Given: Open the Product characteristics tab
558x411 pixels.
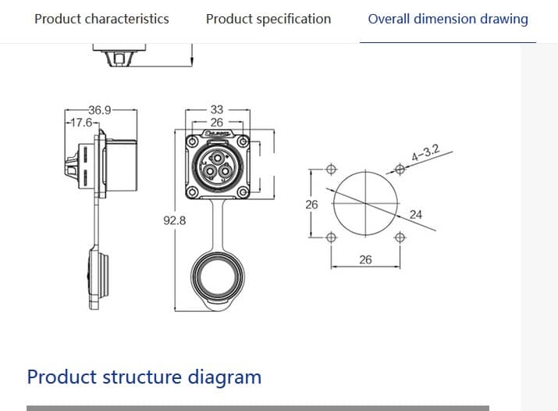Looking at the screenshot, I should click(x=101, y=19).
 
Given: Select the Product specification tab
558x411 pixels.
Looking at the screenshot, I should click(x=268, y=19).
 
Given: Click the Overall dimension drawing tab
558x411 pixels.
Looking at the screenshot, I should click(x=447, y=19).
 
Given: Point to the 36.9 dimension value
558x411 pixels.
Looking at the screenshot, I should click(x=100, y=109).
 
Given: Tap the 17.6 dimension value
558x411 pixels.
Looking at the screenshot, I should click(x=81, y=123).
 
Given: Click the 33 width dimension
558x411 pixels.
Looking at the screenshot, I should click(x=217, y=110).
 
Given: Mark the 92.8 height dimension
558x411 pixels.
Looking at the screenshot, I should click(x=175, y=221).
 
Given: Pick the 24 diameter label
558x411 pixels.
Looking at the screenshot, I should click(x=415, y=214).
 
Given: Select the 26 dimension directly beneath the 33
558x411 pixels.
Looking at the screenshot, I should click(x=217, y=123).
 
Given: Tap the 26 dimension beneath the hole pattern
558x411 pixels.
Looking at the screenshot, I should click(x=365, y=259).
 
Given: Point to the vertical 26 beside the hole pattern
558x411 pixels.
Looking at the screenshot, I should click(x=311, y=204).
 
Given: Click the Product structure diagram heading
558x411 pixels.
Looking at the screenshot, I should click(x=144, y=377).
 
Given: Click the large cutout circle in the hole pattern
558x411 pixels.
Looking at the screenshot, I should click(x=364, y=202).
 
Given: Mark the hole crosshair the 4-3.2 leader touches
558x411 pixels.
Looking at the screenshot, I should click(x=400, y=168).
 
